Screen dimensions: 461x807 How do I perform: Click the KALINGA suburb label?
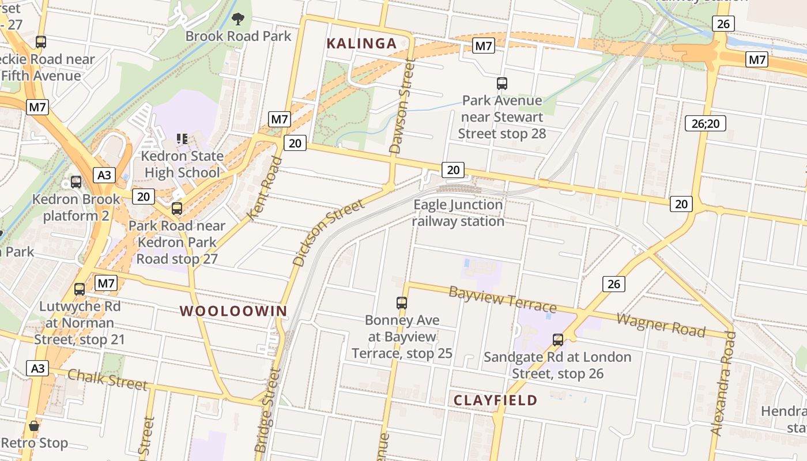pos(361,43)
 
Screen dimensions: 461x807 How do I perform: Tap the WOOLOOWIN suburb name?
pos(233,311)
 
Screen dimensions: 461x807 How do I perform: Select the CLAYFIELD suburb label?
pos(495,400)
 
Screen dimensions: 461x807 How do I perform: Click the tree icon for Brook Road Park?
pos(237,20)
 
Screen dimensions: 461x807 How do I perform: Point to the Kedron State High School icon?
pos(183,138)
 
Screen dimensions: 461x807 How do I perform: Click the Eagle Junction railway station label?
pos(458,213)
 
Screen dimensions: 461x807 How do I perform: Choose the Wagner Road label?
pos(661,325)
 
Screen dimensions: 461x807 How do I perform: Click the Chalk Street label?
pos(107,379)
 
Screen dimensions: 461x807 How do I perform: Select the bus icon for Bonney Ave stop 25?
pos(402,303)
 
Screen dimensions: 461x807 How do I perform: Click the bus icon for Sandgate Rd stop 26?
pos(557,339)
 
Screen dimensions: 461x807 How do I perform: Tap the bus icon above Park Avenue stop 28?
pos(502,84)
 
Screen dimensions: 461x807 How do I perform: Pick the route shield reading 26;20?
pos(706,123)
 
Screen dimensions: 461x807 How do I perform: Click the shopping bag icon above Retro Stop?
pos(34,426)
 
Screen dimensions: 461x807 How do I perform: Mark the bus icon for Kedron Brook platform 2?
pos(76,182)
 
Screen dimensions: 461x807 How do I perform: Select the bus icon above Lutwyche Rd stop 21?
pos(80,289)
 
